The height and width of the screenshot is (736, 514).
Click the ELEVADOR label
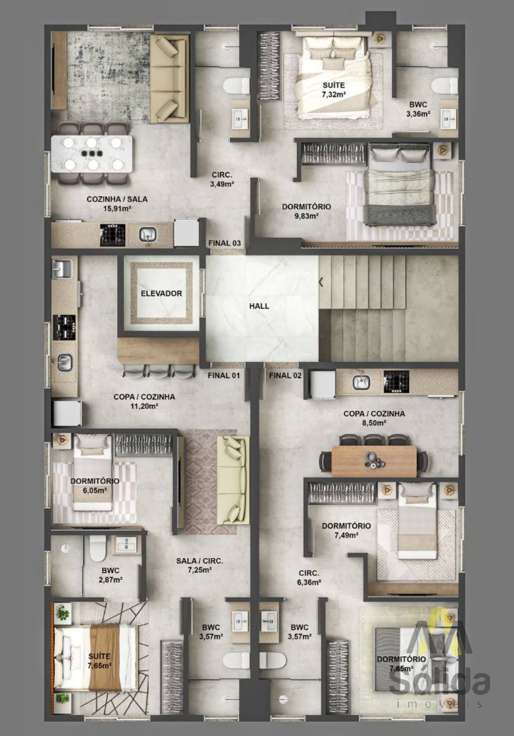(x=161, y=294)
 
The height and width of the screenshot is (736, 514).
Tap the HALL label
(x=259, y=306)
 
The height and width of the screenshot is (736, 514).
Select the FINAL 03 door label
(x=224, y=243)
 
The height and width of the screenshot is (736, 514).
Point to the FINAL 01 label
(x=224, y=375)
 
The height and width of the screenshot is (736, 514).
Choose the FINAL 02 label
(x=285, y=375)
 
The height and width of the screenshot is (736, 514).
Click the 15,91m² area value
(x=117, y=209)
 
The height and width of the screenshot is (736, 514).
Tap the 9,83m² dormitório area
(x=307, y=216)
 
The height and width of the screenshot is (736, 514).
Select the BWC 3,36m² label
(x=418, y=109)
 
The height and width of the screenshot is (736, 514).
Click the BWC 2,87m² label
(x=110, y=575)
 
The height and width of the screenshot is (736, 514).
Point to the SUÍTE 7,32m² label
(x=334, y=90)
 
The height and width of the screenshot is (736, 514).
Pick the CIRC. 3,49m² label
(x=222, y=179)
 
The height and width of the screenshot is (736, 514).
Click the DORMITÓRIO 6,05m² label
(x=95, y=485)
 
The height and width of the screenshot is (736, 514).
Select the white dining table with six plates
(x=92, y=154)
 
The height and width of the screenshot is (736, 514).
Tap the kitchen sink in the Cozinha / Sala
(x=148, y=234)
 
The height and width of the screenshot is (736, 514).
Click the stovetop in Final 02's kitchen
(x=396, y=381)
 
